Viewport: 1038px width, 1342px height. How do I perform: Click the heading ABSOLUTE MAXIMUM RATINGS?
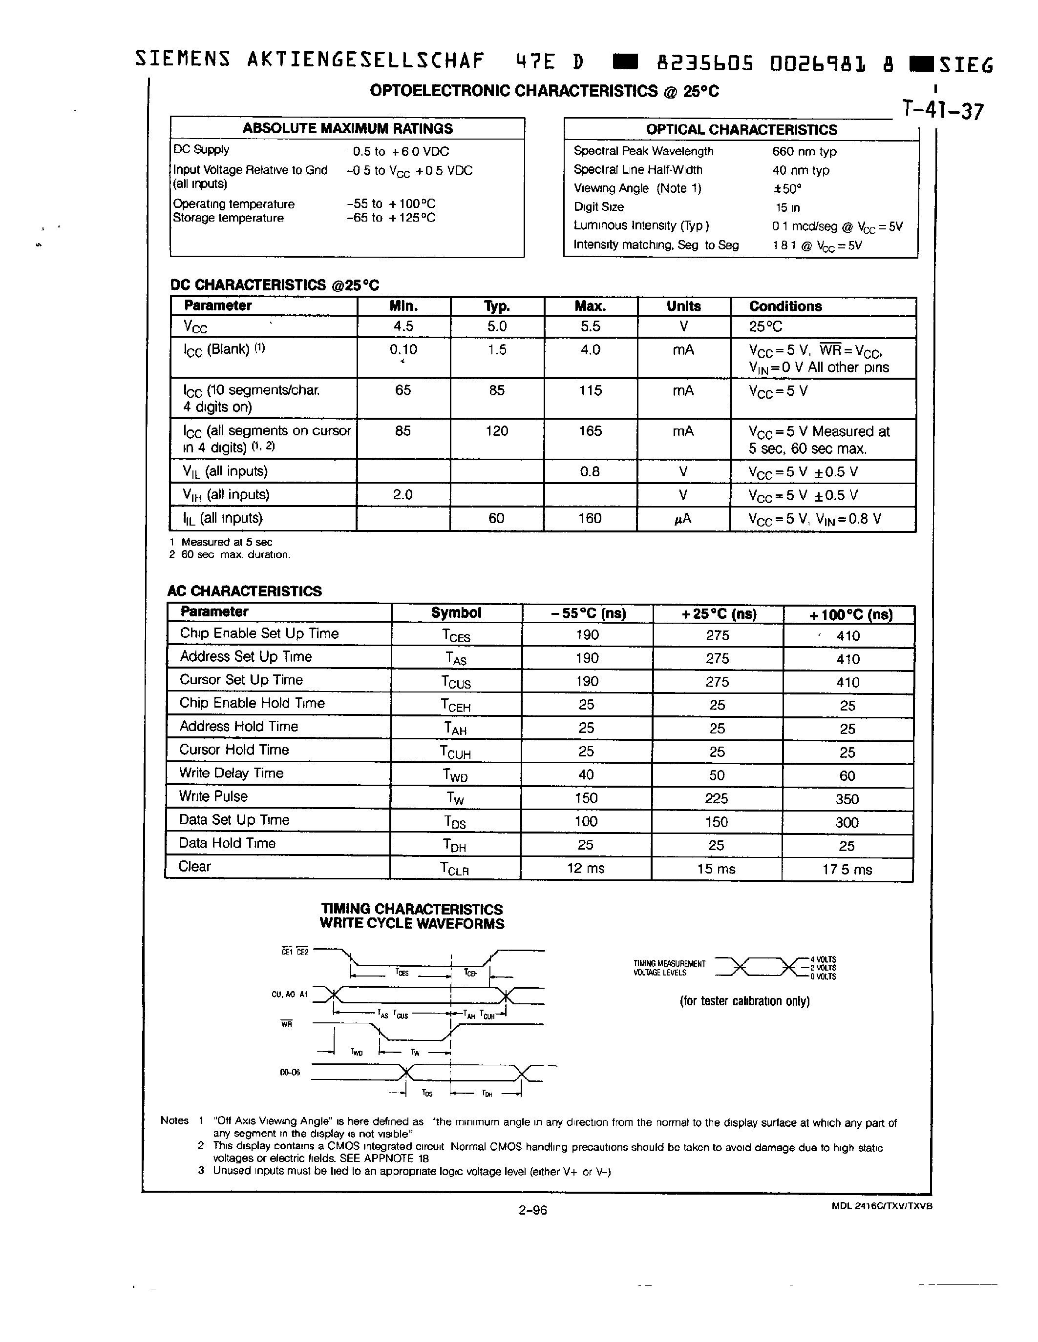347,128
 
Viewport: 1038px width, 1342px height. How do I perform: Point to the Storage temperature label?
228,218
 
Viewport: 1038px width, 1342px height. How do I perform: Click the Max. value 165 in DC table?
590,431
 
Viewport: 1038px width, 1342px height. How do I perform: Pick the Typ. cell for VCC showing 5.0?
497,326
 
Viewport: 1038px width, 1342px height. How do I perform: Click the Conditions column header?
785,306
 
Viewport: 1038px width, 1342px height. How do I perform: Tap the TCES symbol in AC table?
456,635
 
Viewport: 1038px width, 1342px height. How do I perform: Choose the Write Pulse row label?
213,796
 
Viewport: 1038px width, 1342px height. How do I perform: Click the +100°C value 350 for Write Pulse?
847,799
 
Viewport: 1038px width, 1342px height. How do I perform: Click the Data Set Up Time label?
233,820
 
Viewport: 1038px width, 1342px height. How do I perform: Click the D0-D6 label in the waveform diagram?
290,1073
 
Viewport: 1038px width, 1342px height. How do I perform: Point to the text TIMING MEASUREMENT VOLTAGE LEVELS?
669,968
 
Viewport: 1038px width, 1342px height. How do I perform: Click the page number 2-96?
532,1210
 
